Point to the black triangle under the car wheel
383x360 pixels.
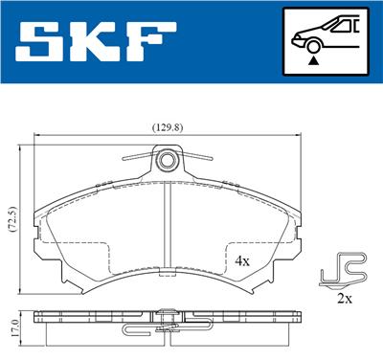311,59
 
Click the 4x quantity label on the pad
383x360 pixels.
243,259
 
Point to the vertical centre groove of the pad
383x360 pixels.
169,230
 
